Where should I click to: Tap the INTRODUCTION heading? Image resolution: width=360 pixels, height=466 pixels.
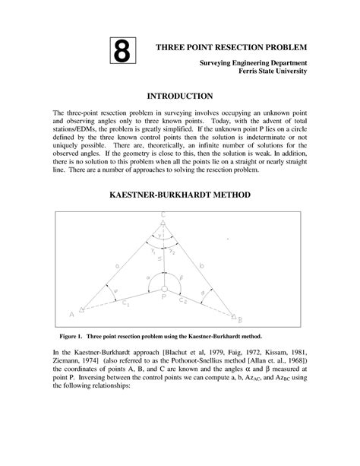179,97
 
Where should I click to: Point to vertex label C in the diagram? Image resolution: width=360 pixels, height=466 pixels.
163,215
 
